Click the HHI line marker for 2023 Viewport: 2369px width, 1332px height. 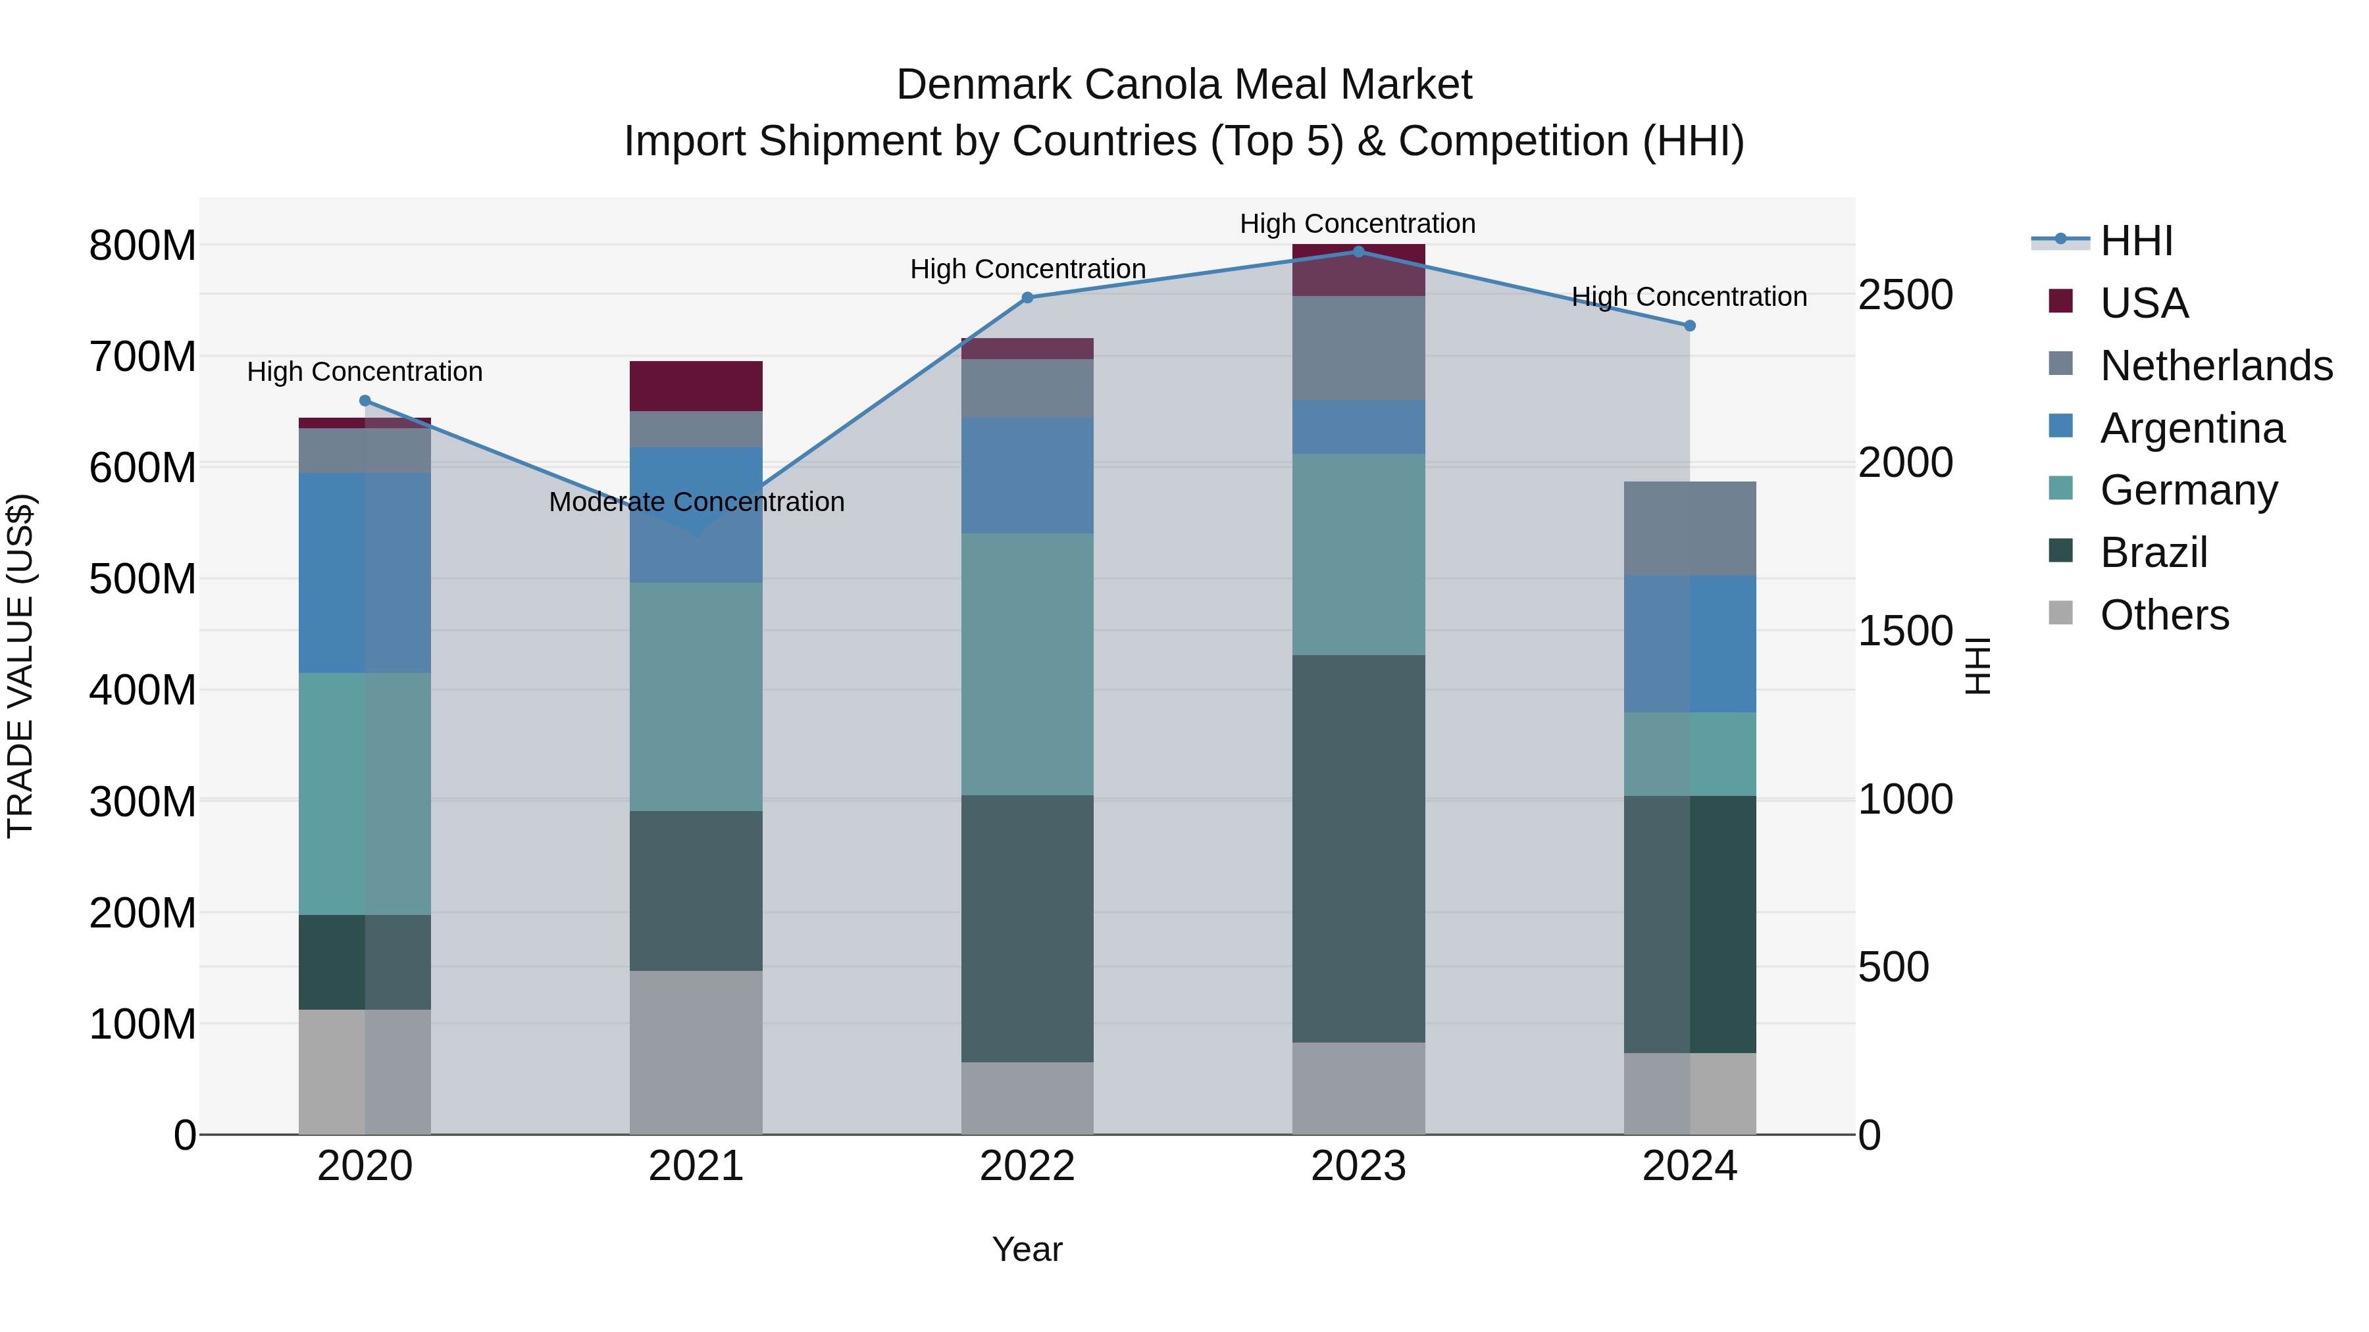(1358, 252)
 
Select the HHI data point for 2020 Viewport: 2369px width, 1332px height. (365, 401)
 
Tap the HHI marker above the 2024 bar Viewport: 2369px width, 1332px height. (1689, 326)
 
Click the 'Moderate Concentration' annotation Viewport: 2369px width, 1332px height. (696, 502)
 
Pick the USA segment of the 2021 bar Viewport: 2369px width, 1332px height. (696, 386)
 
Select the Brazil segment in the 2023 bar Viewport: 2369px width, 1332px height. (1358, 848)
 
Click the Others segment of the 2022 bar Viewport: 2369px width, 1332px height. (1027, 1098)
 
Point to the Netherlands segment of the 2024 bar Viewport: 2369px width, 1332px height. (1689, 529)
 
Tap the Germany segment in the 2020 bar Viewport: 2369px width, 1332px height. (365, 793)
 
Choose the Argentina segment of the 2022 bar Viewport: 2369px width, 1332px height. (1027, 476)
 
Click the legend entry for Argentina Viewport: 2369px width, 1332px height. (2191, 428)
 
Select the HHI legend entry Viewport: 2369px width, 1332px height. (2136, 241)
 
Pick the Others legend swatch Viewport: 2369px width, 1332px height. (2061, 613)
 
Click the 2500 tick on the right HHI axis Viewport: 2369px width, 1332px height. (1904, 295)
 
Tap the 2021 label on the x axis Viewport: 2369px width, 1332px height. (696, 1166)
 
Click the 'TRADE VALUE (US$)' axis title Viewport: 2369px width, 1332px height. (20, 666)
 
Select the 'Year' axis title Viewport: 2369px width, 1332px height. (1027, 1249)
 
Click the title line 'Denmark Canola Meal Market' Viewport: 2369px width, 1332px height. (1184, 85)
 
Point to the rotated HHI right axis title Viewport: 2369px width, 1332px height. (1977, 666)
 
